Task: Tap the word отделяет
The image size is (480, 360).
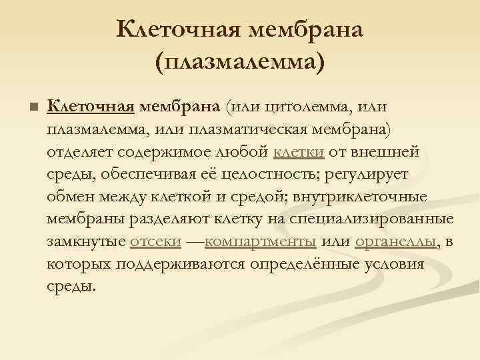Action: pos(80,151)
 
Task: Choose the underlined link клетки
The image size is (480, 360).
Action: pos(299,151)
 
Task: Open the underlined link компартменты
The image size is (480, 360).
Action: pos(261,242)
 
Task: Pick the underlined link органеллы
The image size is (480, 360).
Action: pos(396,242)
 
